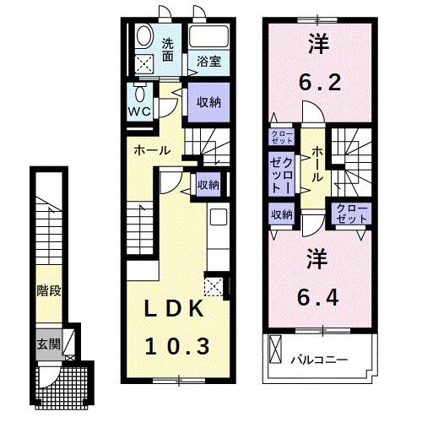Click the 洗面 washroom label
tap(169, 49)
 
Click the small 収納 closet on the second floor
tap(281, 214)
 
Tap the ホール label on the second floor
tap(316, 164)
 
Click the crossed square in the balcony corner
tap(276, 347)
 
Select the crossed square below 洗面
tap(146, 63)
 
